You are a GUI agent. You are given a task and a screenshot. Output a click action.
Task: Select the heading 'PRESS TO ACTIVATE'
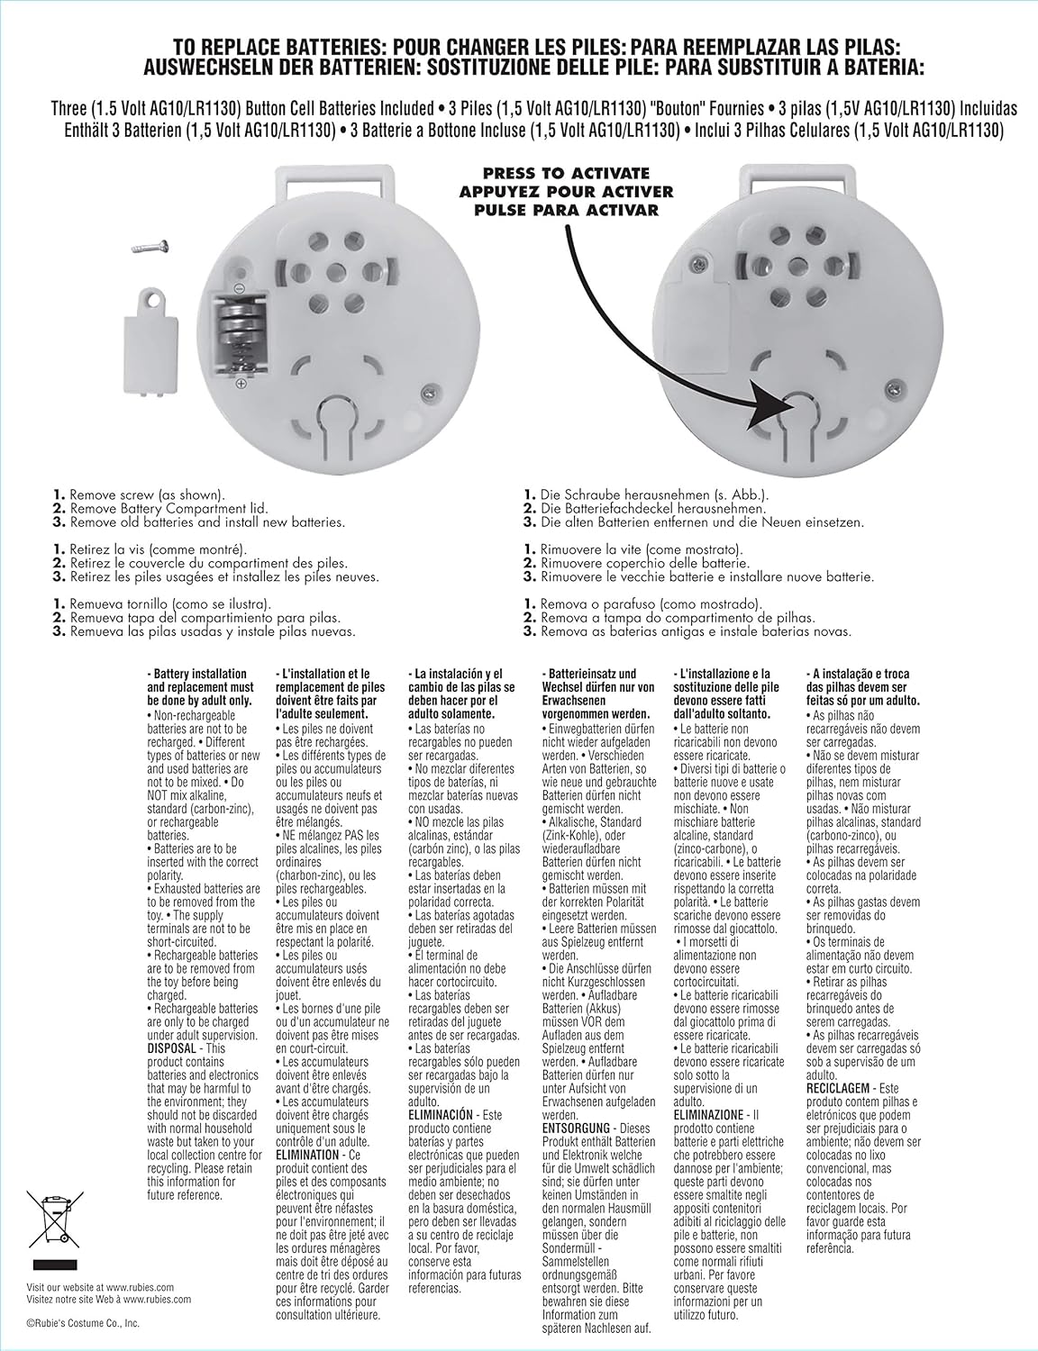tap(567, 173)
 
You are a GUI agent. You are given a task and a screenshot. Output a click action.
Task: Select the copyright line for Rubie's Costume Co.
tap(83, 1323)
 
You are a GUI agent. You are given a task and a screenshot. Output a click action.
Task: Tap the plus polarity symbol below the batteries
tap(241, 384)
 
